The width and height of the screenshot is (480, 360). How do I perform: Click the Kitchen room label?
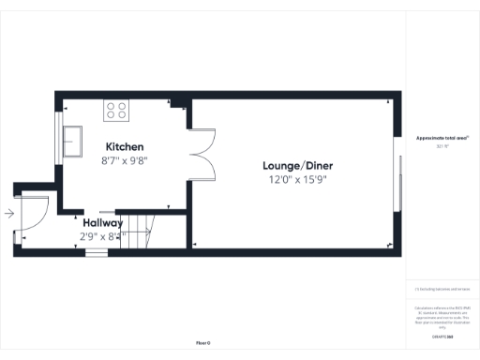(125, 147)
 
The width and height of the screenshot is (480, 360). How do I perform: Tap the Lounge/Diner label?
(297, 166)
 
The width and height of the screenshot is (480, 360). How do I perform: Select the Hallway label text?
(102, 223)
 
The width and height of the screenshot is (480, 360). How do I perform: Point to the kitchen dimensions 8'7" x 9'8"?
(125, 160)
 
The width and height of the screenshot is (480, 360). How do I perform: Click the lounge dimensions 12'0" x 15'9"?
(297, 179)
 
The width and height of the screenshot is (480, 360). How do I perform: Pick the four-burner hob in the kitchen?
(116, 110)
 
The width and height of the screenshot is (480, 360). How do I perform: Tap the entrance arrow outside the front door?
(8, 214)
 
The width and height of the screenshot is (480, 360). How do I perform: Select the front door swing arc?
(30, 214)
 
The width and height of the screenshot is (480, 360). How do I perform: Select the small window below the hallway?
(96, 251)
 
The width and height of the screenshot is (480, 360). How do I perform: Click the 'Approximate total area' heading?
(442, 138)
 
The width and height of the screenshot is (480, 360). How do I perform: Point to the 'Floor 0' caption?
(202, 343)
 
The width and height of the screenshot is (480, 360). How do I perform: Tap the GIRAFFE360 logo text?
(442, 335)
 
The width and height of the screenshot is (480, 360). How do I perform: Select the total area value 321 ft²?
(442, 146)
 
